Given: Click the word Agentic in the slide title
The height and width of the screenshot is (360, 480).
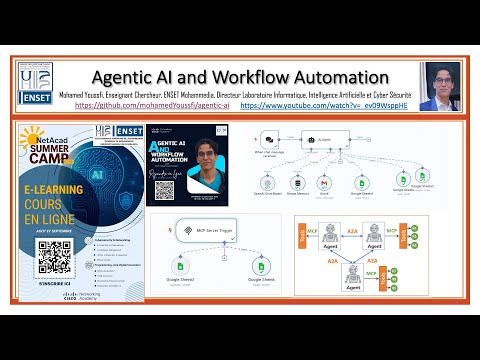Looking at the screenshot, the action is [x=130, y=77].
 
